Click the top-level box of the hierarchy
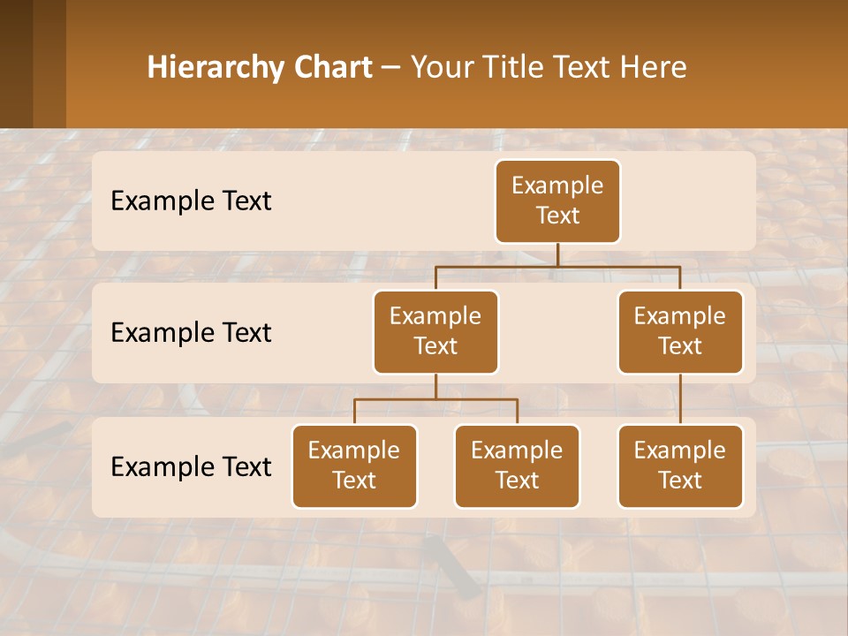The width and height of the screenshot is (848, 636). (557, 201)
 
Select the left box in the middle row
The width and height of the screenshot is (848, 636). (435, 331)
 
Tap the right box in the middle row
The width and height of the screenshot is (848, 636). (680, 331)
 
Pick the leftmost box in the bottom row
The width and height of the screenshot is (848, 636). (354, 466)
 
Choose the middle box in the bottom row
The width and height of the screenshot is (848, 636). (517, 466)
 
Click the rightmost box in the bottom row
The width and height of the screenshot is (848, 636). (680, 466)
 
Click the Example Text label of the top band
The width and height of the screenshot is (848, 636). (191, 201)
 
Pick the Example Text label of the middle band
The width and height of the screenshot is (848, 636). (191, 332)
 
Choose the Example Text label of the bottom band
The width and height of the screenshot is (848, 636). (191, 466)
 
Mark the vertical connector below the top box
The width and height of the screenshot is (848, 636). (557, 254)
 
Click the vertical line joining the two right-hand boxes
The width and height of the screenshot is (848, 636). (680, 399)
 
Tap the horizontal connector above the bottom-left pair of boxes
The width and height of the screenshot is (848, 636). (435, 399)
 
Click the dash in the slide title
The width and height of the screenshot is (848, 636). (391, 68)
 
